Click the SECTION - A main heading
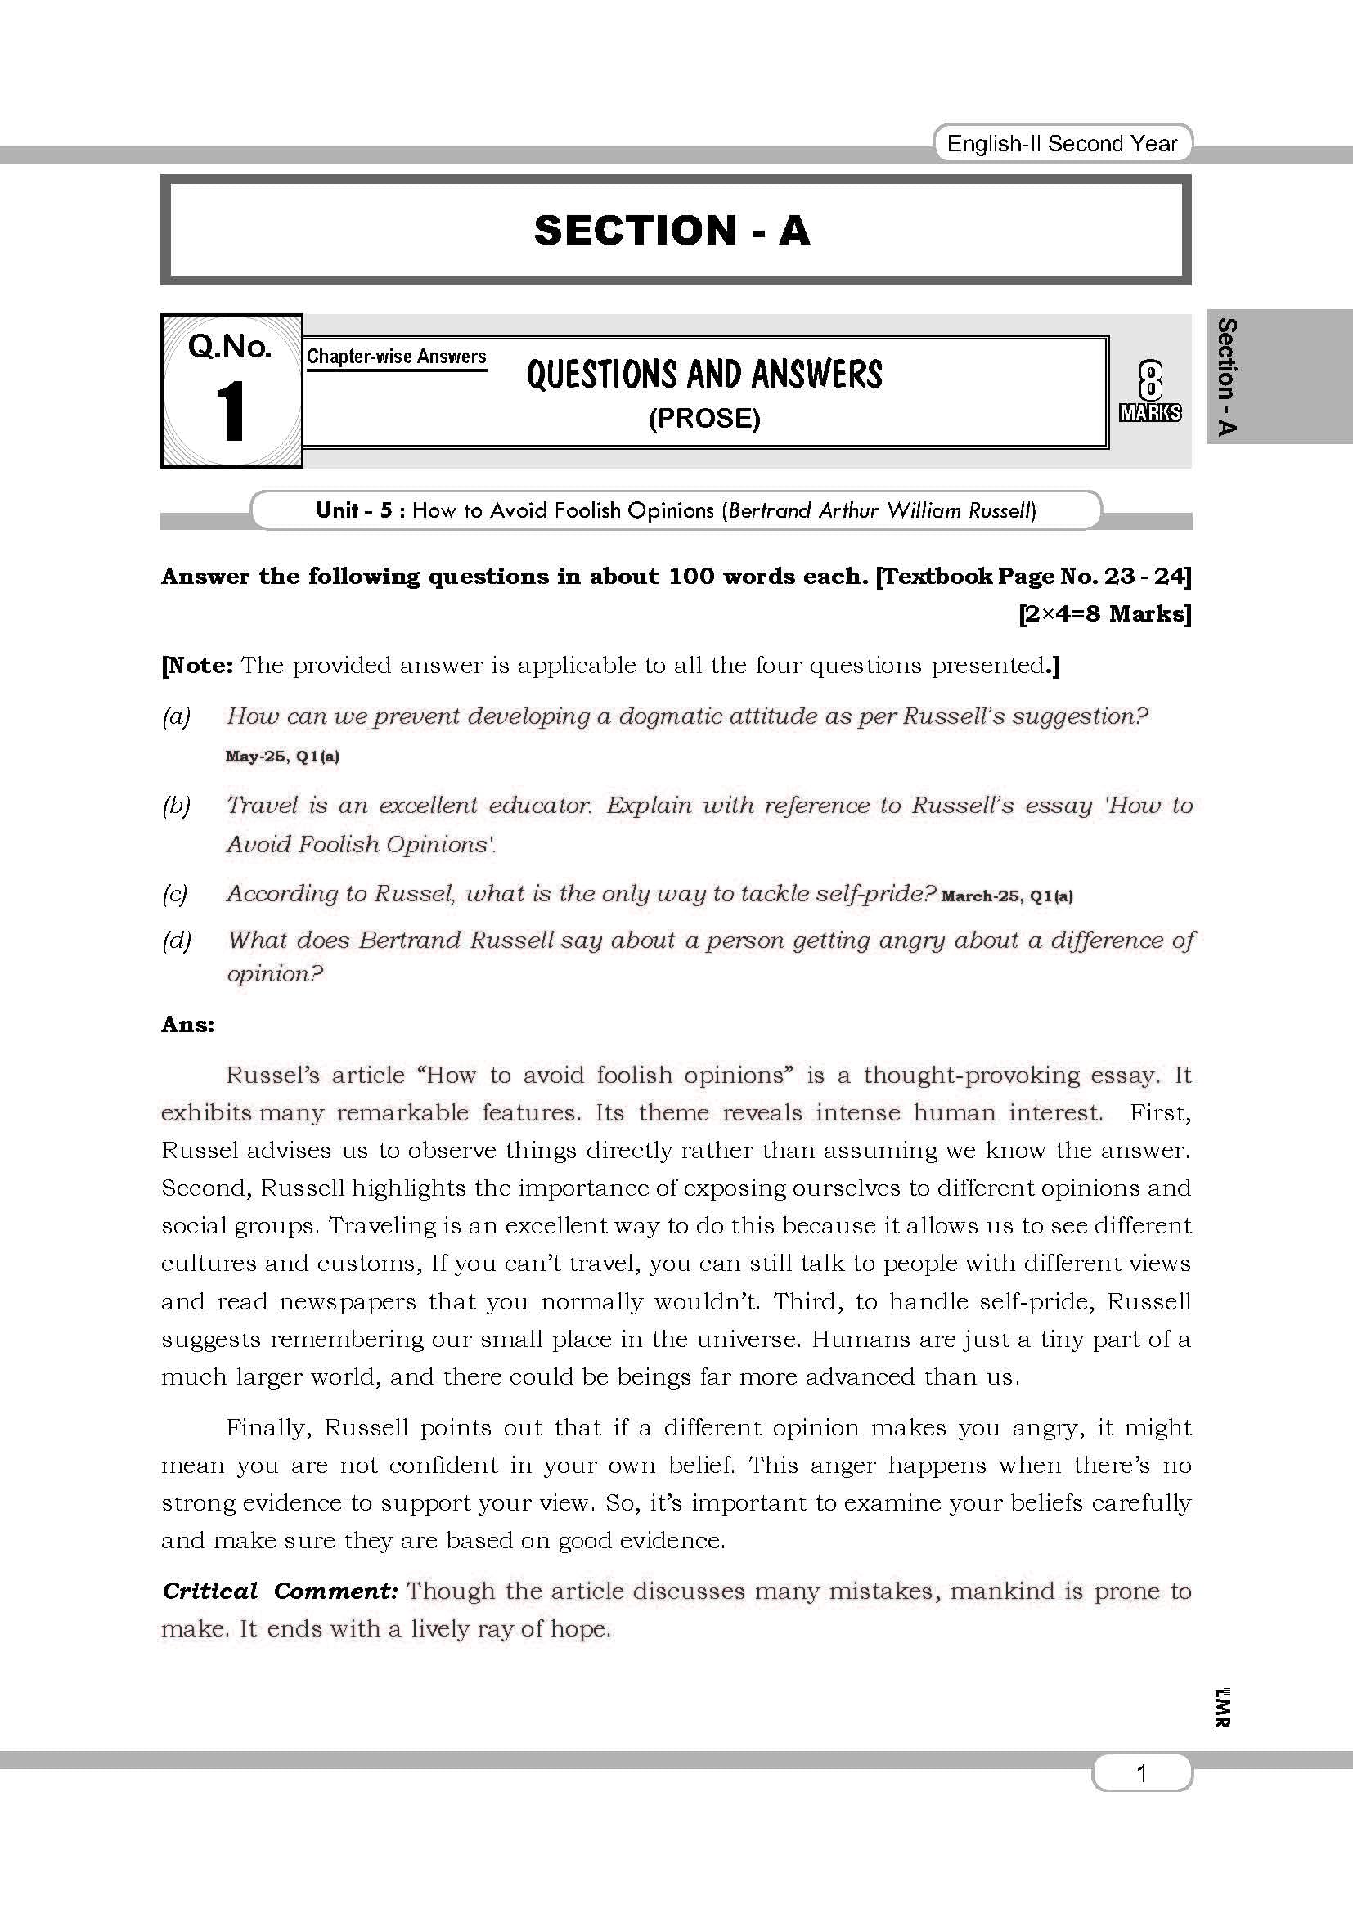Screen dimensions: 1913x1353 pyautogui.click(x=672, y=231)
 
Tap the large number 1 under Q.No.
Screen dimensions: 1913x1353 pyautogui.click(x=231, y=411)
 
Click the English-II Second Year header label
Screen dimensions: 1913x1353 pyautogui.click(x=1063, y=144)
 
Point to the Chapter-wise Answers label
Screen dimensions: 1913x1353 pyautogui.click(x=396, y=357)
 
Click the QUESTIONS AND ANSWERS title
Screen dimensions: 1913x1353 pyautogui.click(x=704, y=375)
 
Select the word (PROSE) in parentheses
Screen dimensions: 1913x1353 pyautogui.click(x=704, y=418)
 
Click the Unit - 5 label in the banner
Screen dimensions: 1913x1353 pyautogui.click(x=353, y=510)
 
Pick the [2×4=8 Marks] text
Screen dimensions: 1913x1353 pyautogui.click(x=1104, y=614)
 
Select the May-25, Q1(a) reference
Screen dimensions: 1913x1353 pyautogui.click(x=281, y=757)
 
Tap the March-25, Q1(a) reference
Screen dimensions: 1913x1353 pyautogui.click(x=1006, y=896)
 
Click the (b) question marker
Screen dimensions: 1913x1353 pyautogui.click(x=176, y=805)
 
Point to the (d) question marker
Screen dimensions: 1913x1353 pyautogui.click(x=176, y=940)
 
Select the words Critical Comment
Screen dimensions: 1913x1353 pyautogui.click(x=278, y=1591)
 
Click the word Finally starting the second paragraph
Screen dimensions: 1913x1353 pyautogui.click(x=268, y=1428)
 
